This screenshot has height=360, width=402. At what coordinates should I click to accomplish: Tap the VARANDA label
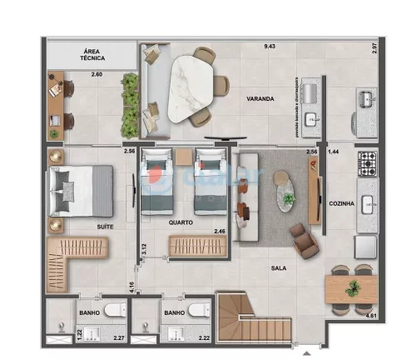click(x=260, y=98)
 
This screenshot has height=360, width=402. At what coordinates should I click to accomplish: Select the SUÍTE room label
click(x=82, y=225)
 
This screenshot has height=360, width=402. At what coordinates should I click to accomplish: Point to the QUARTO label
click(x=181, y=222)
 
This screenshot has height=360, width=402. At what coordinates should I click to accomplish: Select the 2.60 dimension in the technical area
click(x=97, y=77)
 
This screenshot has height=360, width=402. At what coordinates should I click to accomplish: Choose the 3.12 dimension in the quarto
click(x=143, y=247)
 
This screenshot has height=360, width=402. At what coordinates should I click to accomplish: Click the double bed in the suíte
click(x=81, y=189)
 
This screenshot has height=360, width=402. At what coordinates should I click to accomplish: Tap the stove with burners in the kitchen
click(x=368, y=163)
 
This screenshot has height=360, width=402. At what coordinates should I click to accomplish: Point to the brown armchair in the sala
click(x=303, y=237)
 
